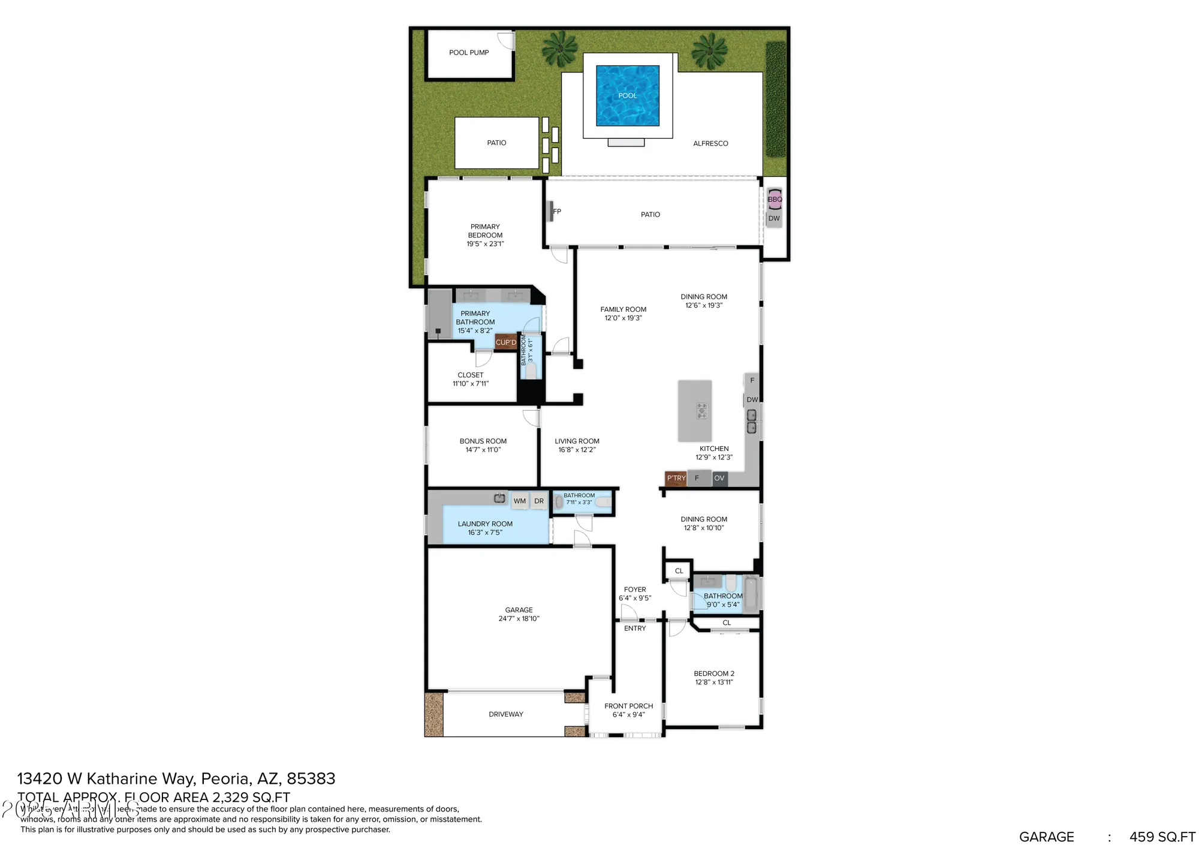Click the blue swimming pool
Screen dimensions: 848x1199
[x=628, y=95]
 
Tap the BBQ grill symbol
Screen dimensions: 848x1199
[x=775, y=199]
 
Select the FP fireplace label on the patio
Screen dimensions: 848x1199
[x=557, y=211]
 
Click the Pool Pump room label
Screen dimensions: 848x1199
[x=469, y=53]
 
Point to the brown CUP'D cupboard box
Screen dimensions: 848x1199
[x=505, y=342]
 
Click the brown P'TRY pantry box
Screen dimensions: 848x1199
[x=676, y=478]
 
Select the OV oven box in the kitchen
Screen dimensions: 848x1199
[x=719, y=478]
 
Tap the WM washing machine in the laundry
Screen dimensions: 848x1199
[x=520, y=501]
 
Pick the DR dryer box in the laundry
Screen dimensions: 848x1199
[x=539, y=501]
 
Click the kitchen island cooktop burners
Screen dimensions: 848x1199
[x=701, y=411]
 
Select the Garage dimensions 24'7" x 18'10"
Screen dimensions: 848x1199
[x=519, y=618]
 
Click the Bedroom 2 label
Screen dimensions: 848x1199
[x=714, y=673]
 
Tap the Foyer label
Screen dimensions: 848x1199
[x=635, y=590]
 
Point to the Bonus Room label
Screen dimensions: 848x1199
[x=483, y=441]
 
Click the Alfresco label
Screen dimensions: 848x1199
[x=710, y=143]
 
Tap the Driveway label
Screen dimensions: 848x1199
[x=506, y=714]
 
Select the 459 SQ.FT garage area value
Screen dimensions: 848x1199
[x=1162, y=837]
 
